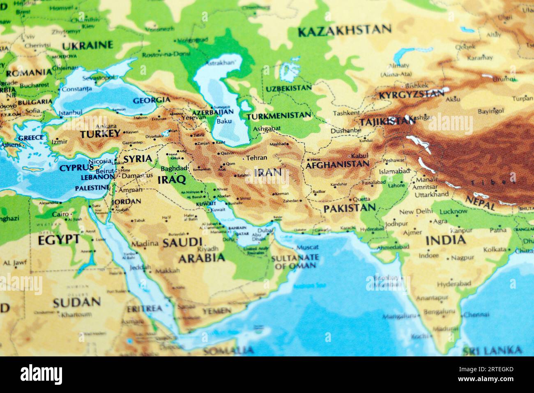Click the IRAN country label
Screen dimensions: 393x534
pos(268,172)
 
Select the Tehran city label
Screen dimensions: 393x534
pos(257,157)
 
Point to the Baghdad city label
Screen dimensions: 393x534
pos(174,169)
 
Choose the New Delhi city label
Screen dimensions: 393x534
pos(416,212)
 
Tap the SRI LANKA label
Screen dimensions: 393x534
pos(492,351)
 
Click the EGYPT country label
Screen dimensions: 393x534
pos(58,239)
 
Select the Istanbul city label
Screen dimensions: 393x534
pos(70,112)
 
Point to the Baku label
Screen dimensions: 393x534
pos(224,121)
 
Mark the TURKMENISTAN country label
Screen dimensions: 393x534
pos(279,116)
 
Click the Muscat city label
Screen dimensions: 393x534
pos(307,247)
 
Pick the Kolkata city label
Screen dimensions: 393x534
pos(495,249)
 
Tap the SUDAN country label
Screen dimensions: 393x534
pos(76,303)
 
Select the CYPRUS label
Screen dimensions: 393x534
pos(76,168)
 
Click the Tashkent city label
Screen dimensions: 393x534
pos(346,113)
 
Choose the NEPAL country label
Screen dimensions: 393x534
pos(480,202)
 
